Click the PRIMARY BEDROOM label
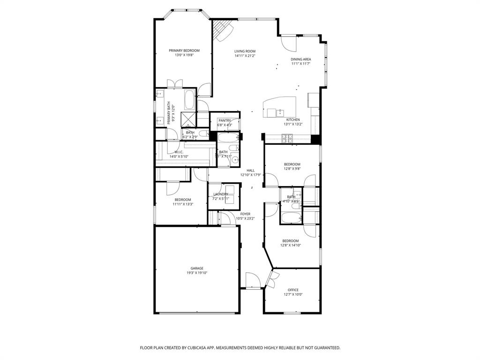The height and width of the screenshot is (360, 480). pyautogui.click(x=184, y=51)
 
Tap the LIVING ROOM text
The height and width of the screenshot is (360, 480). pyautogui.click(x=245, y=51)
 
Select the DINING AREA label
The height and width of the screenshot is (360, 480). pyautogui.click(x=300, y=59)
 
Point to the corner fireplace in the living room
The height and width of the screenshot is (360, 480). pyautogui.click(x=222, y=30)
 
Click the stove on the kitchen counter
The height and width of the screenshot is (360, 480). pyautogui.click(x=286, y=137)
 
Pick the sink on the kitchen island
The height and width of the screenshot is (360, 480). pyautogui.click(x=280, y=112)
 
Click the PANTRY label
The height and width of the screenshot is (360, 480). pyautogui.click(x=225, y=120)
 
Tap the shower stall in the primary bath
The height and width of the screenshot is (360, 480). pyautogui.click(x=188, y=118)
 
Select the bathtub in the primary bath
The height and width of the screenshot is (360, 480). pyautogui.click(x=190, y=99)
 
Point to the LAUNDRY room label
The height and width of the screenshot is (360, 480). pyautogui.click(x=221, y=194)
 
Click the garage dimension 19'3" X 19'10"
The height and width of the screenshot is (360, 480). pyautogui.click(x=196, y=273)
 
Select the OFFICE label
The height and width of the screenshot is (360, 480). pyautogui.click(x=293, y=290)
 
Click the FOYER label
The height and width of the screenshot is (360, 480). pyautogui.click(x=245, y=214)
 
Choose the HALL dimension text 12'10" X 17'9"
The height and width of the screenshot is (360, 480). pyautogui.click(x=250, y=175)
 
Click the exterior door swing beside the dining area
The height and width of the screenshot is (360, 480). pyautogui.click(x=289, y=44)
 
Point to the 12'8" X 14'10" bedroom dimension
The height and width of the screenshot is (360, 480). pyautogui.click(x=290, y=245)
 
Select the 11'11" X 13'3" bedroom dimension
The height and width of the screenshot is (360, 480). pyautogui.click(x=182, y=204)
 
